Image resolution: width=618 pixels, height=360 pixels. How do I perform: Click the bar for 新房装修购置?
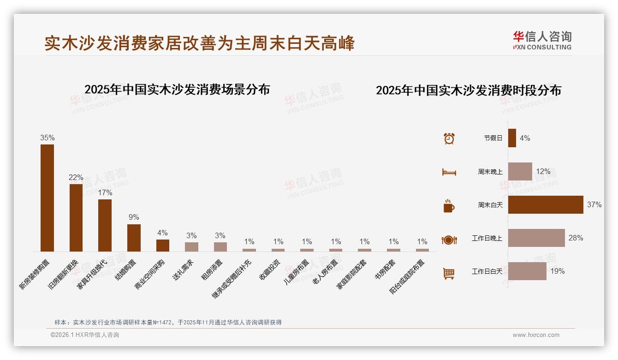coord(47,198)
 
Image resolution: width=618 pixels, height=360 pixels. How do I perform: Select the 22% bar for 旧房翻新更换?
coord(76,218)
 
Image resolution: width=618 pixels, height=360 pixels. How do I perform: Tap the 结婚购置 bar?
coord(134,238)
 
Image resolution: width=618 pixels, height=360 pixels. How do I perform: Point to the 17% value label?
coord(105,193)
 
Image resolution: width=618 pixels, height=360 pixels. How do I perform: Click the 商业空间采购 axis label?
coord(149,273)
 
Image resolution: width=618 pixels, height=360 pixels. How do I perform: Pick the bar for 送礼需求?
coord(191,247)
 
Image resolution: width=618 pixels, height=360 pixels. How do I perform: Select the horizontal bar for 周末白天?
coord(546,204)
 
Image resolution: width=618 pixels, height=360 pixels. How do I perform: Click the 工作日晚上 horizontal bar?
coord(536,238)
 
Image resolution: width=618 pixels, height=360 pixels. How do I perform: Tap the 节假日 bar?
coord(512,138)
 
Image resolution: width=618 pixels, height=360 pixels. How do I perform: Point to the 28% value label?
coord(576,238)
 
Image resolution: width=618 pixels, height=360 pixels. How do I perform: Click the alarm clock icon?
coord(449,138)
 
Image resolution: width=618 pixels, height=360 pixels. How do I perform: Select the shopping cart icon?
coord(449,274)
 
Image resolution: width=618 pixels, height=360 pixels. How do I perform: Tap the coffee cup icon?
coord(449,206)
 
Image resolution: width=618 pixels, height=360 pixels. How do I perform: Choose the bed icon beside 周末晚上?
coord(449,172)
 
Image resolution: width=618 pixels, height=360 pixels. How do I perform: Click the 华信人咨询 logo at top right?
coord(542,40)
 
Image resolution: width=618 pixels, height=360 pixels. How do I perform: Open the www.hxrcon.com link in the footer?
coord(536,335)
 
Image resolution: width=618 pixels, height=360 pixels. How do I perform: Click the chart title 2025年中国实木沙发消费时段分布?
coord(468,90)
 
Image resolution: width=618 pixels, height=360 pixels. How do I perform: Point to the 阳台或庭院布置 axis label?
coord(408,276)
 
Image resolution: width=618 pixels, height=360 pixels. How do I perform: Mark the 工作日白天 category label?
coord(487,271)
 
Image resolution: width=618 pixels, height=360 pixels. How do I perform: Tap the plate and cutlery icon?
coord(449,240)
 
